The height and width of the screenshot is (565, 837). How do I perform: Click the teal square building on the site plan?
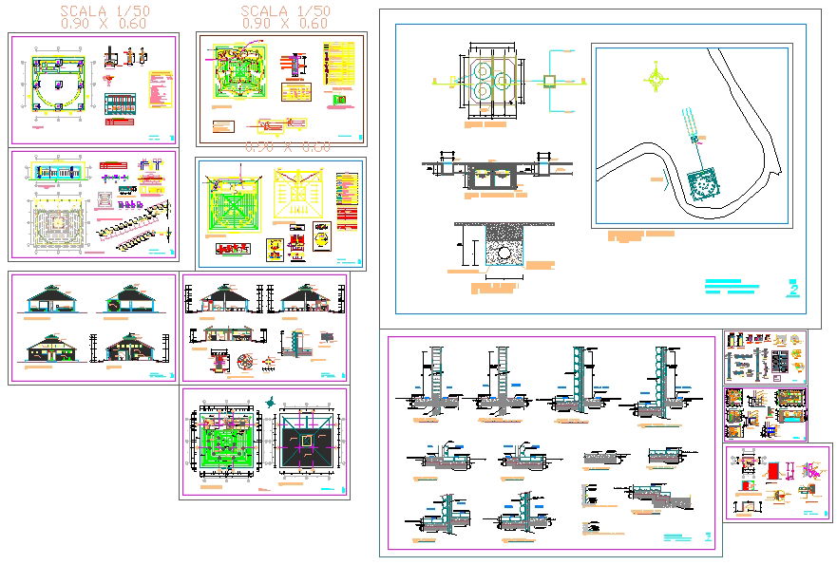pos(704,184)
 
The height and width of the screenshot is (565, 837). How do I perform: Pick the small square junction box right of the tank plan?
pos(549,81)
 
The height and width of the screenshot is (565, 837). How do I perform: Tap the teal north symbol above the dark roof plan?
pos(273,401)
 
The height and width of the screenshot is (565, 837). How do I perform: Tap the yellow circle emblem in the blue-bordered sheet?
pos(275,249)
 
